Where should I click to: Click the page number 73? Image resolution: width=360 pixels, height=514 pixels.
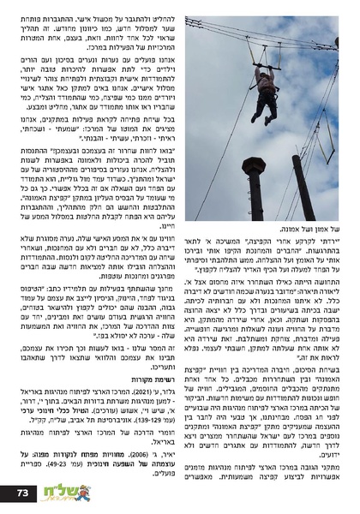[23, 492]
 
